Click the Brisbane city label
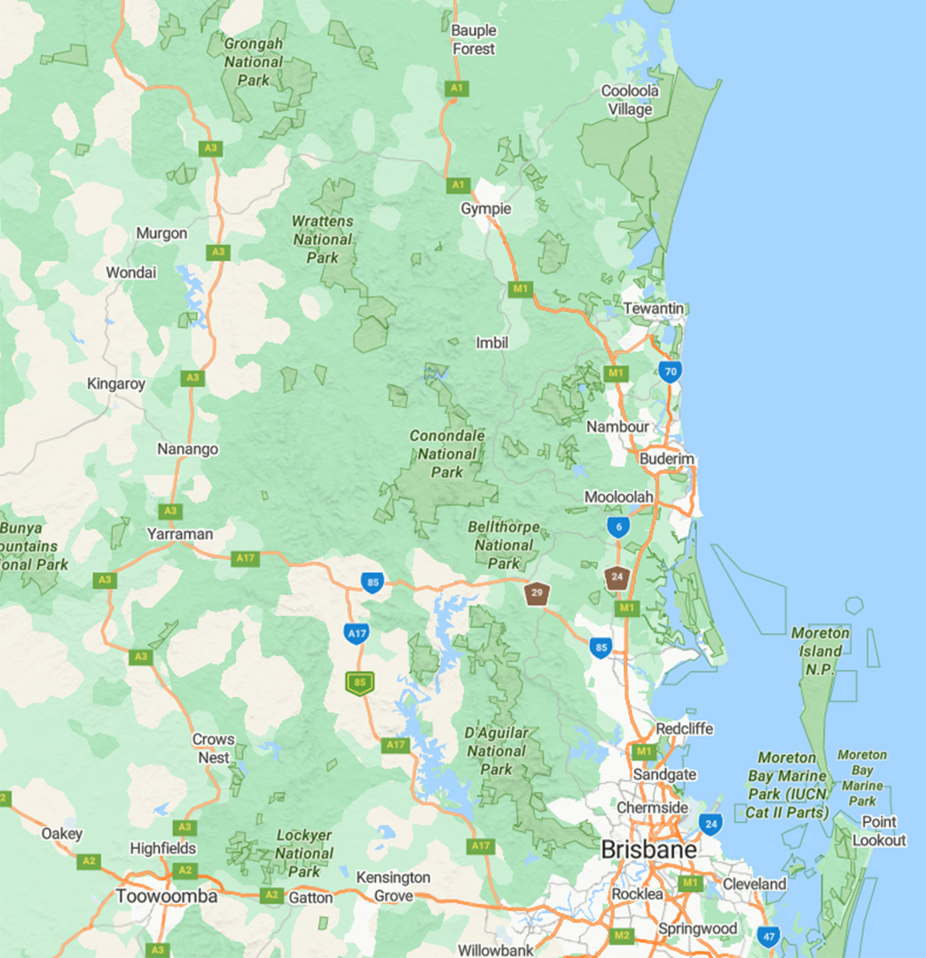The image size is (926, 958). tap(647, 849)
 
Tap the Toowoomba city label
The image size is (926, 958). tap(166, 897)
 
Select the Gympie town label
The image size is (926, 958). tap(485, 209)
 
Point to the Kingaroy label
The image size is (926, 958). tap(116, 384)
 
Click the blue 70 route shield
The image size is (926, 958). tap(671, 371)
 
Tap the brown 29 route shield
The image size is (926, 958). tap(537, 593)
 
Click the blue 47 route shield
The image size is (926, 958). tap(768, 936)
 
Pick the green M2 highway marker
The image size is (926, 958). tap(622, 935)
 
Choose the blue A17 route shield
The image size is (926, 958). tap(357, 633)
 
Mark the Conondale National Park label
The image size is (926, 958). tap(447, 454)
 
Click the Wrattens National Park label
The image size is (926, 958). tap(323, 239)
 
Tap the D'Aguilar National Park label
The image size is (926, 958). tap(497, 751)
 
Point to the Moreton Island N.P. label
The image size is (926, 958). tap(820, 651)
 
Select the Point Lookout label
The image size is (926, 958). tap(879, 831)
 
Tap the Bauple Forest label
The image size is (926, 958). tap(474, 40)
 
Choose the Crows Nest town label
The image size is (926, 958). tap(214, 749)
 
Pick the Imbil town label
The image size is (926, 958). tap(491, 342)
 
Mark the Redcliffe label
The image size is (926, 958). tap(684, 729)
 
